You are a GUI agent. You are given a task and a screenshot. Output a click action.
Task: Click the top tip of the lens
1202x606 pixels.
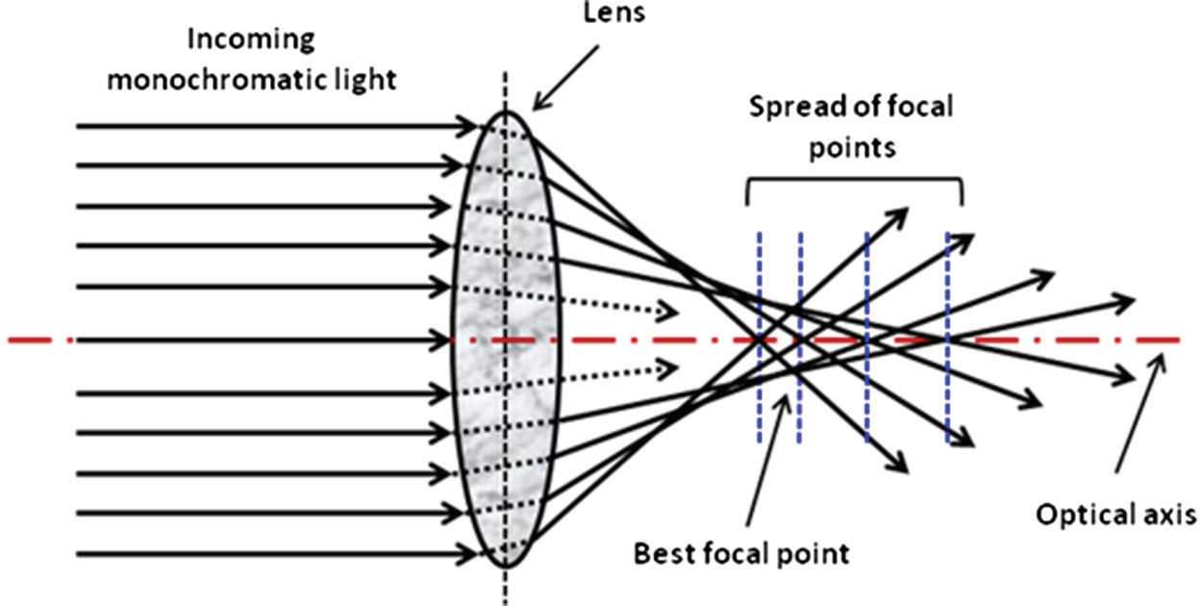pyautogui.click(x=506, y=112)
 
